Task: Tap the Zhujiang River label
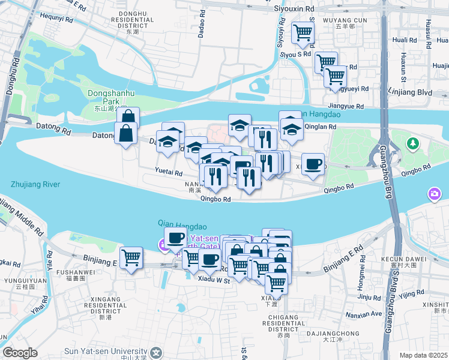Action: point(35,184)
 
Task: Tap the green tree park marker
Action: point(412,144)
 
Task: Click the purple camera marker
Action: point(435,194)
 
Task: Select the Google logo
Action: point(20,353)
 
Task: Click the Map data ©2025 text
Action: point(423,355)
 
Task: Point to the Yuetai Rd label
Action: point(169,172)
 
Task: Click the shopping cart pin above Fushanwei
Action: point(131,258)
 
